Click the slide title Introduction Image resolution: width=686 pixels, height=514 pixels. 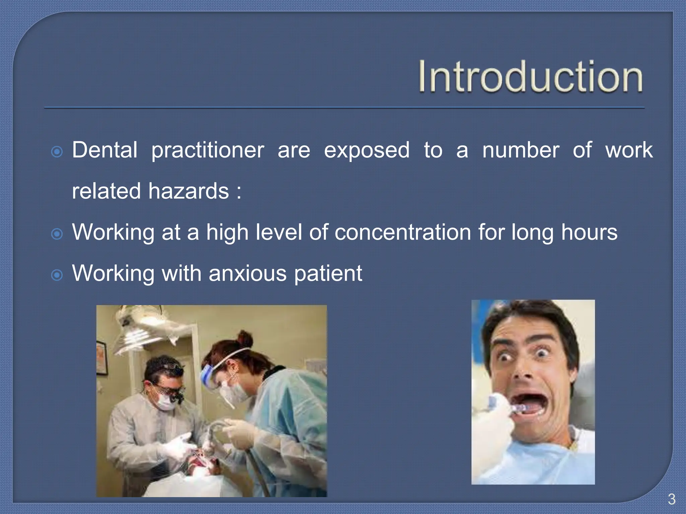click(x=531, y=76)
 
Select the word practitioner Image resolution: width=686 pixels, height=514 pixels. click(x=208, y=151)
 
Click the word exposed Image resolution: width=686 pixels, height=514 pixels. click(x=367, y=151)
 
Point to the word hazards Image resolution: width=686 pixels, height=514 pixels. click(x=189, y=191)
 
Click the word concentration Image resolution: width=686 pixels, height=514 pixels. click(x=403, y=232)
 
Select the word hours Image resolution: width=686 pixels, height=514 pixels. click(x=589, y=232)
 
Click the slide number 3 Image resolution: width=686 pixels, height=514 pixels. click(x=671, y=499)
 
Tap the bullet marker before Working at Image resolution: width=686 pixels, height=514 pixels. click(x=57, y=234)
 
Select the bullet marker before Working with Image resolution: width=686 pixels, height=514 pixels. click(x=57, y=275)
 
